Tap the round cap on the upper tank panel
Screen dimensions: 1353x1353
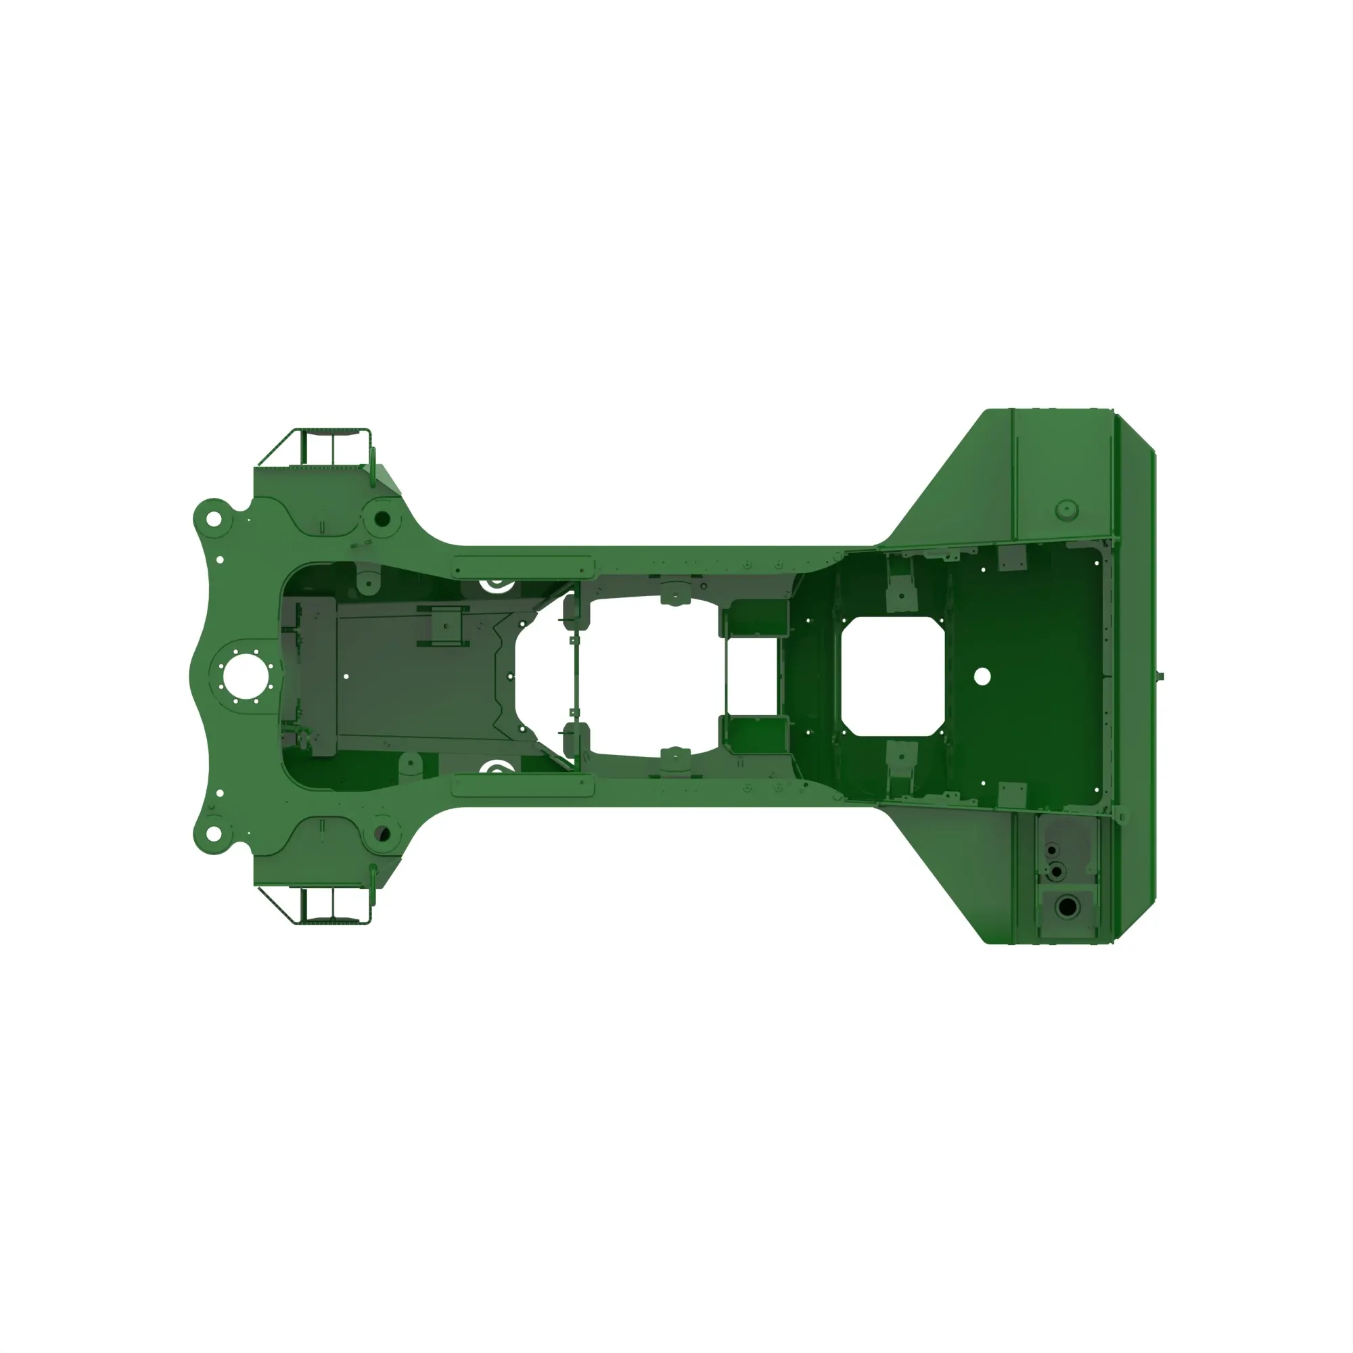click(1066, 509)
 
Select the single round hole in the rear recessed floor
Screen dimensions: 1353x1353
click(982, 676)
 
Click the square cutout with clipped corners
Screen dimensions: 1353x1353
click(893, 676)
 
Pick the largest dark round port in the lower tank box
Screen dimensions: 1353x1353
click(1067, 908)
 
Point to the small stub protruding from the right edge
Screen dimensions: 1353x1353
click(1160, 676)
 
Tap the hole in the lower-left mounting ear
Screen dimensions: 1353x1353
click(212, 833)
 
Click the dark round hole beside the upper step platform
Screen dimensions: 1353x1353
click(382, 519)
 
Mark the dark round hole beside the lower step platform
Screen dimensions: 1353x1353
click(382, 834)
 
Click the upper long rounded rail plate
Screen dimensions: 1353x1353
click(523, 565)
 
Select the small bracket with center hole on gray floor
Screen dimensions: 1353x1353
click(444, 625)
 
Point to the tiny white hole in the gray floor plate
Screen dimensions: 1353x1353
click(346, 676)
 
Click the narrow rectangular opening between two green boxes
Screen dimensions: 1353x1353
click(752, 676)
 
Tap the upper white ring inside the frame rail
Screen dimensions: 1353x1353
click(496, 582)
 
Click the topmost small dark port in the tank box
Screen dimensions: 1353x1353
click(1051, 850)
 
